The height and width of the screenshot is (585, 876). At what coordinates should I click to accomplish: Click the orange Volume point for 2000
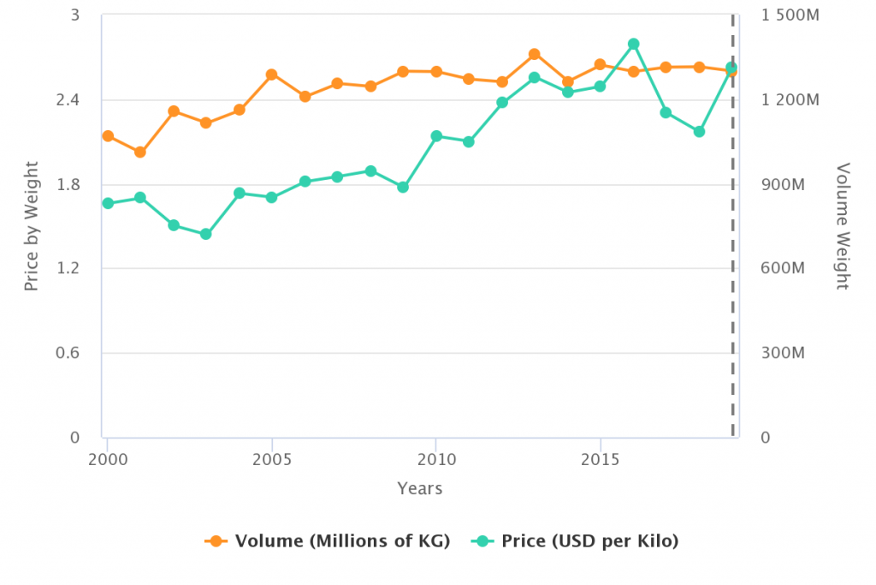click(x=108, y=136)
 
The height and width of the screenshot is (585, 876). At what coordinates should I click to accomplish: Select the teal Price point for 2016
click(x=633, y=44)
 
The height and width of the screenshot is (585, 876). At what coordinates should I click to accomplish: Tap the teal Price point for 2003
click(x=205, y=234)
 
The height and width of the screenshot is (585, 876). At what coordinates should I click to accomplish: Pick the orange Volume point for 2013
click(x=534, y=54)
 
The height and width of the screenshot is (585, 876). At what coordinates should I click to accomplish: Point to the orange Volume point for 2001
click(x=140, y=152)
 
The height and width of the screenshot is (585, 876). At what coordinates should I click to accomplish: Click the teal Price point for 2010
click(x=436, y=136)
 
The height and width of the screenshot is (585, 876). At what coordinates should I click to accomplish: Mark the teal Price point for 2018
click(x=699, y=132)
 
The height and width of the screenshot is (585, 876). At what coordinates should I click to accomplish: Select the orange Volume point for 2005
click(x=271, y=75)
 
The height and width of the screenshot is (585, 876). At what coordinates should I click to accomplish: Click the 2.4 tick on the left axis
click(x=68, y=100)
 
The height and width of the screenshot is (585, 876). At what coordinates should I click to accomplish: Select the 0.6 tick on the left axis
click(x=68, y=353)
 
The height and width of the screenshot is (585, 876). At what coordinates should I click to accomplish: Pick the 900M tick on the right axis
click(x=784, y=185)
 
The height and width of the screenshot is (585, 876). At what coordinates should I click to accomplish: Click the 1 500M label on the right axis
click(x=790, y=16)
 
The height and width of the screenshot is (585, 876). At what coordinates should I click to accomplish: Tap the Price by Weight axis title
click(x=32, y=225)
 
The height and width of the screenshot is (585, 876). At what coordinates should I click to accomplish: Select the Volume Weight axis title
click(x=843, y=225)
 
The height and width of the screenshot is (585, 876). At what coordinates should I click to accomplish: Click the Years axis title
click(x=420, y=488)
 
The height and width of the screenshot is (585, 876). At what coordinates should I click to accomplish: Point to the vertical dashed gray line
click(x=732, y=257)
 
